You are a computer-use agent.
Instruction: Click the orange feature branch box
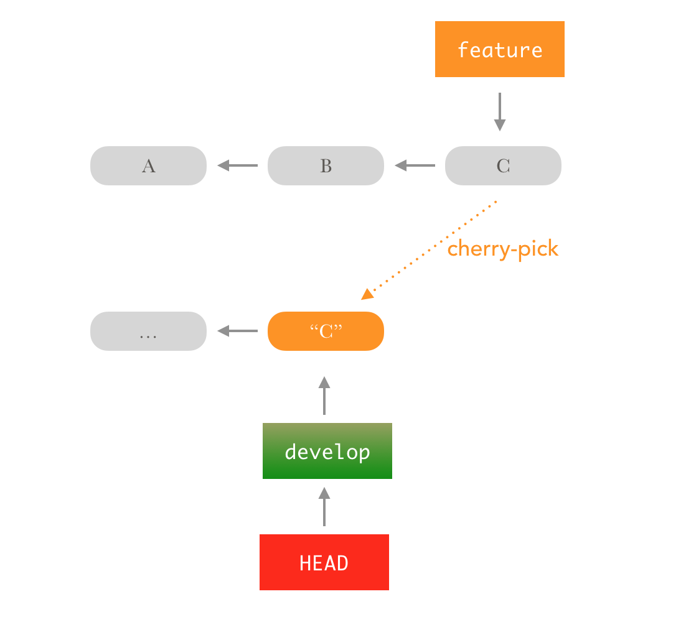[x=499, y=49]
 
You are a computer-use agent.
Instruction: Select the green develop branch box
[x=327, y=451]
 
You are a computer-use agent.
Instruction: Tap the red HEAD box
[x=324, y=562]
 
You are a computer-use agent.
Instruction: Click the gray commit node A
[x=148, y=165]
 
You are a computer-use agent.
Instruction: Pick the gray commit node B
[x=326, y=165]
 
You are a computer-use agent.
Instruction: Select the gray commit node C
[x=503, y=165]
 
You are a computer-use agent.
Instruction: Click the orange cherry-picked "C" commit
[x=326, y=331]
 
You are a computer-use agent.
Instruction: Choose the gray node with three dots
[x=148, y=331]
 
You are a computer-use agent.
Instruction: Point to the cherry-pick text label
[x=503, y=249]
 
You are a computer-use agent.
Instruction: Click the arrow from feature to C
[x=499, y=112]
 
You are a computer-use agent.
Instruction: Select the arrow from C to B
[x=415, y=165]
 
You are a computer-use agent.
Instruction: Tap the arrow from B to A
[x=238, y=165]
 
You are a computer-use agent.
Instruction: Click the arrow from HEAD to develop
[x=324, y=507]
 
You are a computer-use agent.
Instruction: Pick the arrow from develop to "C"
[x=324, y=396]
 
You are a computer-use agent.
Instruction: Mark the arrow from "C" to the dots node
[x=238, y=331]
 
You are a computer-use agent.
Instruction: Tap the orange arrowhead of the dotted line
[x=367, y=294]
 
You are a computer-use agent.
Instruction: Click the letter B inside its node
[x=326, y=166]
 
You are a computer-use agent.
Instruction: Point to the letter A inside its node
[x=148, y=166]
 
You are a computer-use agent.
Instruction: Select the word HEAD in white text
[x=324, y=563]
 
